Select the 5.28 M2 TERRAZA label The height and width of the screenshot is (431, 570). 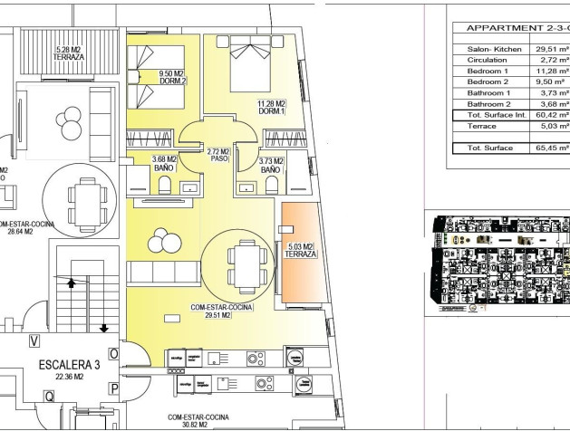click(70, 52)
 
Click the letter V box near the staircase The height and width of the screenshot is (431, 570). click(34, 340)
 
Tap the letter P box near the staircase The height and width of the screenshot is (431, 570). click(114, 388)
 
